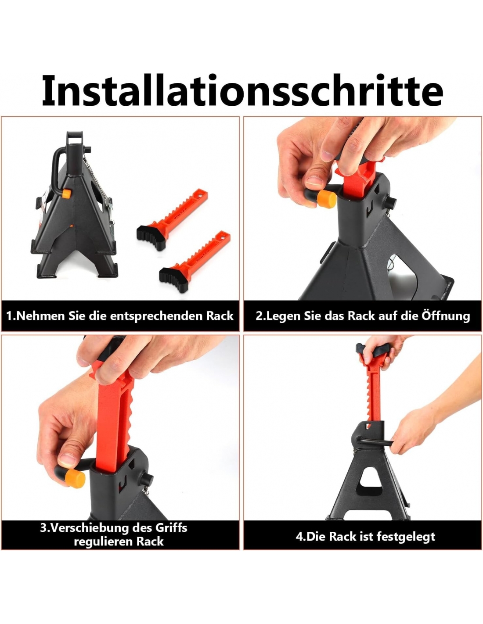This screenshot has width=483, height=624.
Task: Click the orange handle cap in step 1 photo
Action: pos(66,194)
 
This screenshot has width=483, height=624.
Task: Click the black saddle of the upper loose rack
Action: pos(151,237)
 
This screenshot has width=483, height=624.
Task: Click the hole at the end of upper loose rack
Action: pos(200,197)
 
